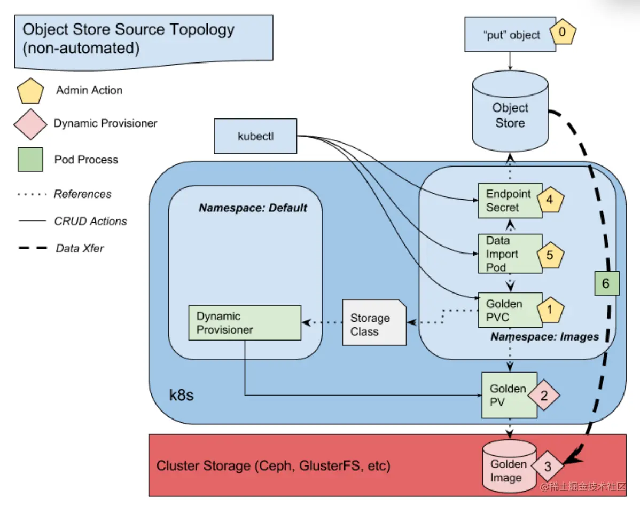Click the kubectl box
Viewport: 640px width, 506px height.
pyautogui.click(x=255, y=136)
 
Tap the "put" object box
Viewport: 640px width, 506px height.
pyautogui.click(x=510, y=34)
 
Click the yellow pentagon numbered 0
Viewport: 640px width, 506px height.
pyautogui.click(x=563, y=32)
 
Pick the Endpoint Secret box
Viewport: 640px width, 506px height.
pyautogui.click(x=510, y=201)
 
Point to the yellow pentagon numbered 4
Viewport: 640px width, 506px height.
pyautogui.click(x=550, y=200)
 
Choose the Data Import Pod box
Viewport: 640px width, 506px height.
pyautogui.click(x=510, y=254)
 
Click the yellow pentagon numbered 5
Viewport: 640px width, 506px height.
pyautogui.click(x=550, y=255)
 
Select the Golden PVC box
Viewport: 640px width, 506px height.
pyautogui.click(x=510, y=310)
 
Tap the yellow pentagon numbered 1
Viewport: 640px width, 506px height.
pyautogui.click(x=550, y=310)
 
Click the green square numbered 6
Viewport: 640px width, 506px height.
pyautogui.click(x=606, y=283)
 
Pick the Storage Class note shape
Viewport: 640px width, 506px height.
pyautogui.click(x=374, y=322)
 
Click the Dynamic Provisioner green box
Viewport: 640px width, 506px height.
pyautogui.click(x=245, y=323)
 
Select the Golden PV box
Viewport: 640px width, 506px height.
pyautogui.click(x=510, y=395)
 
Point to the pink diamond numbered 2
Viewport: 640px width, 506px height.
pyautogui.click(x=544, y=395)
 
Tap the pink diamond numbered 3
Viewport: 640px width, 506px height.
pyautogui.click(x=548, y=466)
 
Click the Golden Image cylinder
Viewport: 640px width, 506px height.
pyautogui.click(x=510, y=466)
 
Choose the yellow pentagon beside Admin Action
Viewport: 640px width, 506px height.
pyautogui.click(x=30, y=91)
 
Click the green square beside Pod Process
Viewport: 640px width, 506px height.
pyautogui.click(x=30, y=160)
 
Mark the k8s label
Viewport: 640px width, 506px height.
pyautogui.click(x=181, y=395)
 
